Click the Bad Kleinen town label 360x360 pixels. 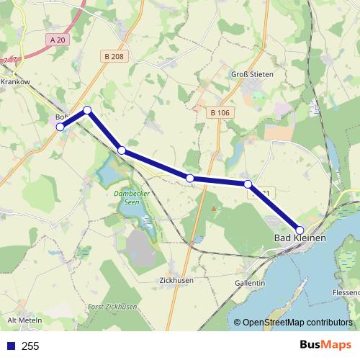point(300,238)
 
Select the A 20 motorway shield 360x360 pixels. point(59,40)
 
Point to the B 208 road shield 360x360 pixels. point(114,56)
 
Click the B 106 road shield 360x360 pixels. point(220,112)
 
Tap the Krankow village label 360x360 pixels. point(15,82)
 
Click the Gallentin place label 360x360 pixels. point(250,283)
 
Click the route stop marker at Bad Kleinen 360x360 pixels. point(300,230)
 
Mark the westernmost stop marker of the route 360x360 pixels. point(60,127)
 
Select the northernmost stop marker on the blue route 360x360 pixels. point(87,110)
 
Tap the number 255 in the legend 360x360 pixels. point(30,346)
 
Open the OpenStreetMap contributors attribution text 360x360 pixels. point(297,323)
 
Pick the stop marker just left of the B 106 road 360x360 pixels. point(190,178)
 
